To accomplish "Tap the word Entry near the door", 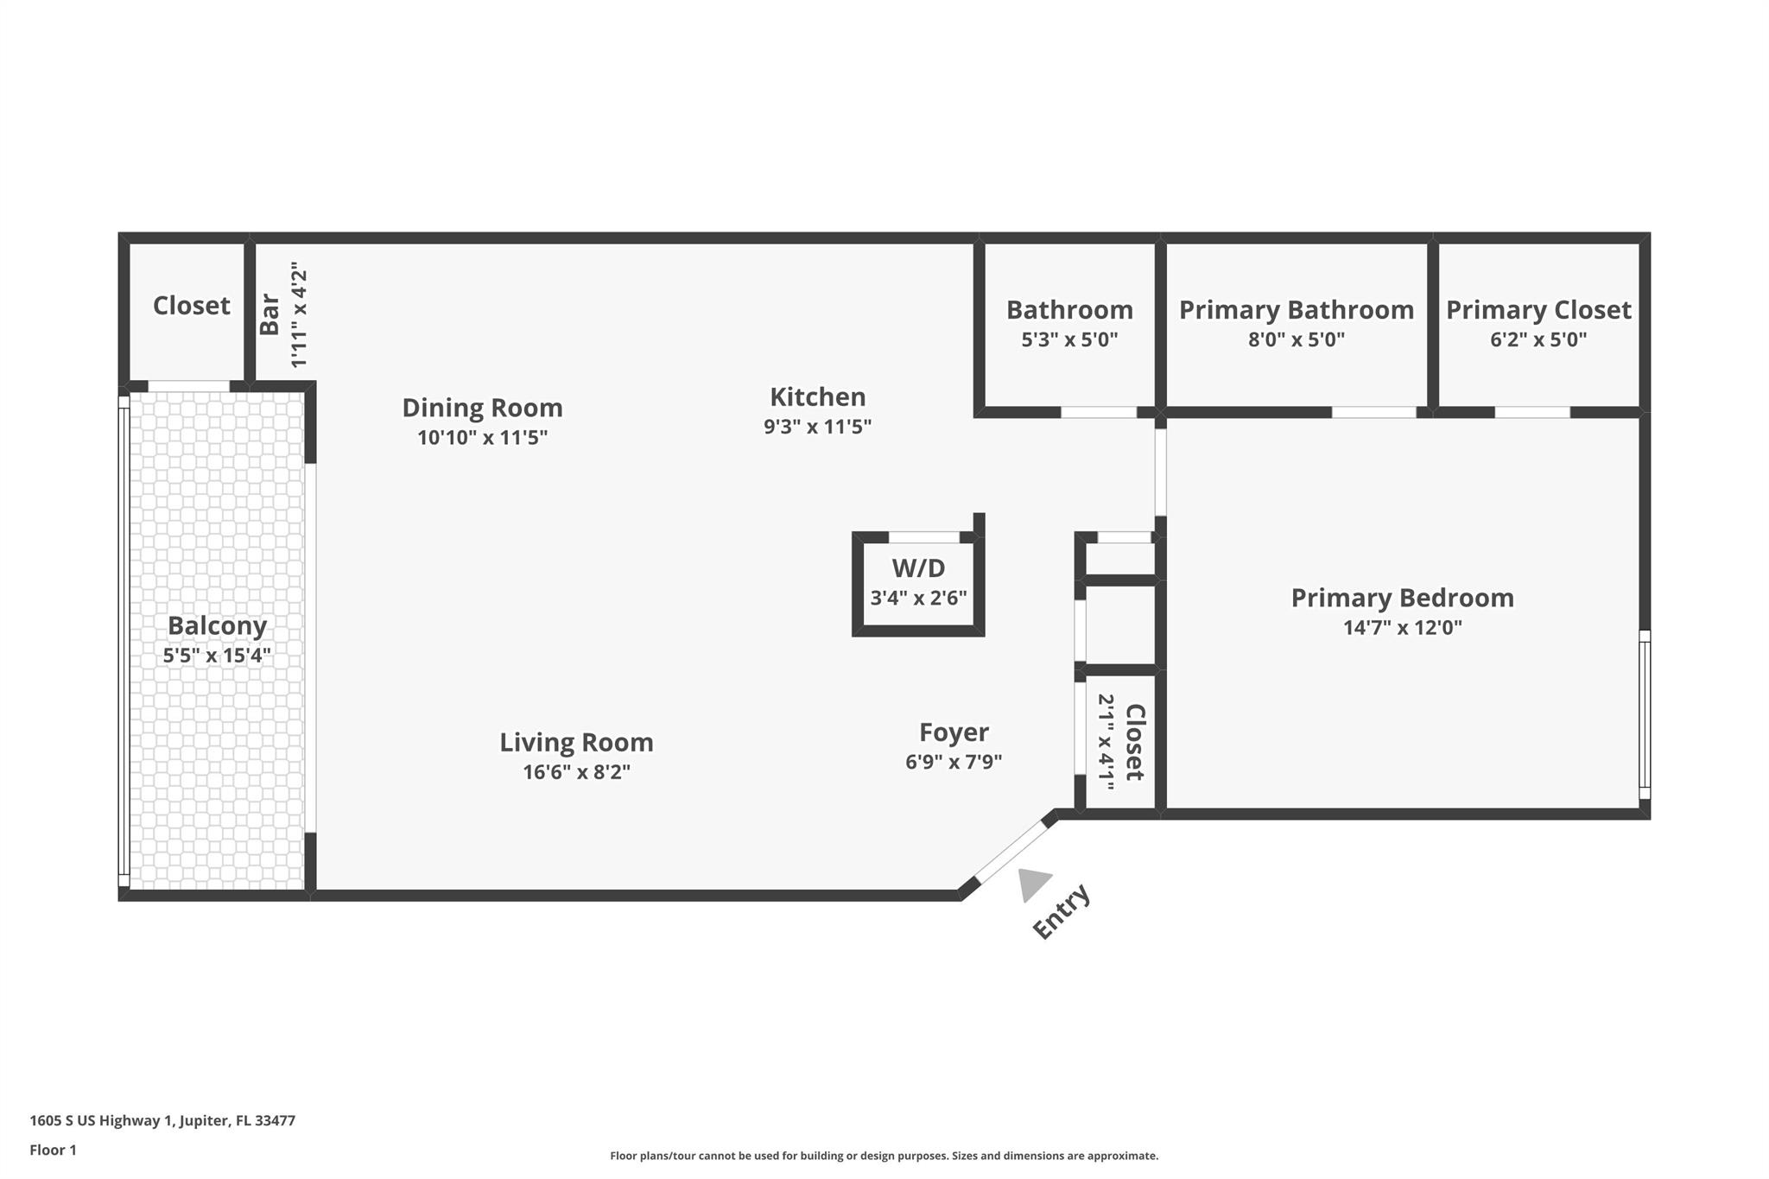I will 1062,912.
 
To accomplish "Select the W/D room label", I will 918,568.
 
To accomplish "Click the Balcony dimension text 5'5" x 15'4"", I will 217,656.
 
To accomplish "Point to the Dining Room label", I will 482,408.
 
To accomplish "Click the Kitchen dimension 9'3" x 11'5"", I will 817,427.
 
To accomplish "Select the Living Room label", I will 576,743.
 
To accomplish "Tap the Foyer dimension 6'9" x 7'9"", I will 954,762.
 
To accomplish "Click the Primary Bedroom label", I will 1402,598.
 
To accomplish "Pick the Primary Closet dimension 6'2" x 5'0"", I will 1538,339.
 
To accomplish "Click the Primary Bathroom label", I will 1296,310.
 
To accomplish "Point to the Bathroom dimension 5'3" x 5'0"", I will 1069,339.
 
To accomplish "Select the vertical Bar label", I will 269,314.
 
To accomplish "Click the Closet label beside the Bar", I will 191,306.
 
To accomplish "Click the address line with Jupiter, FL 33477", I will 162,1121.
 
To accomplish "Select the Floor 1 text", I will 53,1150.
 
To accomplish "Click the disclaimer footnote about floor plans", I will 884,1156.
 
